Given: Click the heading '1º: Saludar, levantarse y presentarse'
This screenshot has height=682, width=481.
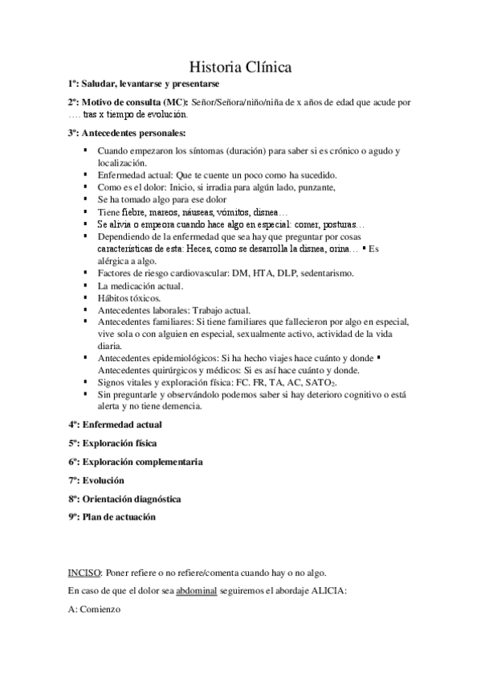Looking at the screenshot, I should coord(145,84).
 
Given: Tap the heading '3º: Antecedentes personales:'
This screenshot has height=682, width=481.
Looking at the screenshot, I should coord(127,133).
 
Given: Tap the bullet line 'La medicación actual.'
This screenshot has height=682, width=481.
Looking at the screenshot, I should coord(140,286).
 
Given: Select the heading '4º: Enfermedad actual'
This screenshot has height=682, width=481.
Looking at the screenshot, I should coord(115,424).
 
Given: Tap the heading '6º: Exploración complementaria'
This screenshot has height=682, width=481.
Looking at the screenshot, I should coord(135,462).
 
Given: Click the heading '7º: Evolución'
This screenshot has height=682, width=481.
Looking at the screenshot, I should coord(96,480).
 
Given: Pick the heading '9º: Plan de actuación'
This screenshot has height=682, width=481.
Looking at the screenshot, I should coord(112,517).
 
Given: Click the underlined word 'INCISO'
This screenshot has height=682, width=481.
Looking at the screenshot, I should coord(84,573).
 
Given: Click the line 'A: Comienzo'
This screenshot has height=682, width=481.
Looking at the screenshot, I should coord(94,610).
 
